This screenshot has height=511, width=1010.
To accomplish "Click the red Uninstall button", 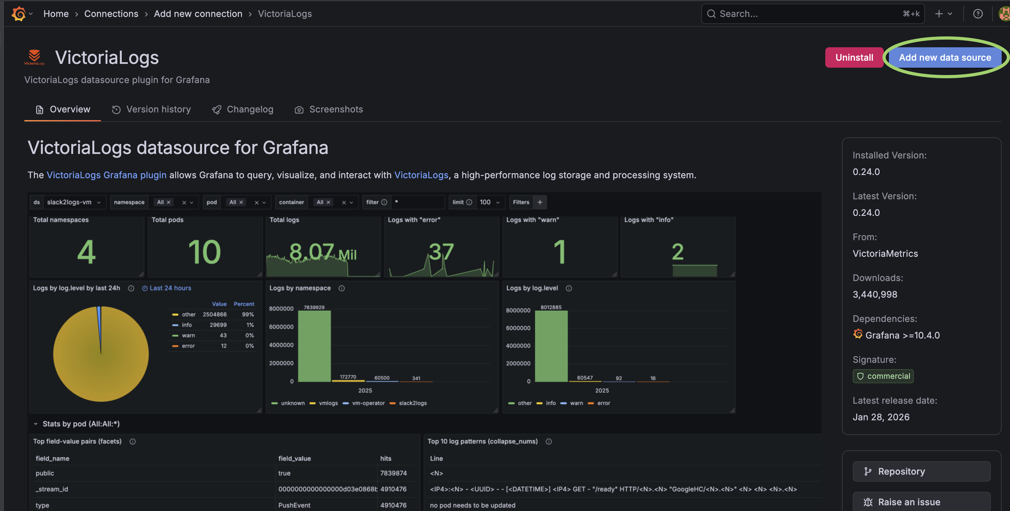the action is click(x=854, y=57).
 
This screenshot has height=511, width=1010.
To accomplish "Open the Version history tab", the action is click(x=151, y=109).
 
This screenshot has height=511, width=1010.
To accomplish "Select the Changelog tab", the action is click(x=242, y=109).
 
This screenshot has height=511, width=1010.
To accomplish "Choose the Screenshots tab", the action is click(x=329, y=109).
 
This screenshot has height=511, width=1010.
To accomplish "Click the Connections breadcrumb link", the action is click(x=111, y=14).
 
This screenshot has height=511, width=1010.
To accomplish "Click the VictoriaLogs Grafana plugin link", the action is click(x=107, y=175).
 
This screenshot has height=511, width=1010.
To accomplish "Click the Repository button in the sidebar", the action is click(x=921, y=471).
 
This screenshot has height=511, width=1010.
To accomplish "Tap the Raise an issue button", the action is click(x=921, y=502).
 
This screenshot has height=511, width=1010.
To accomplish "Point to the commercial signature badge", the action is click(x=883, y=376).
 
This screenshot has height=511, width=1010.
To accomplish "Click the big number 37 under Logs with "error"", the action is click(x=441, y=251).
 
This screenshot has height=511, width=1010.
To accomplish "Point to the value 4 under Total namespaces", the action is click(x=86, y=252).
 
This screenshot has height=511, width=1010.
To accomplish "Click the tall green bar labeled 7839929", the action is click(x=315, y=346).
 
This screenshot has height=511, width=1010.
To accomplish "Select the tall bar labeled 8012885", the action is click(x=551, y=346).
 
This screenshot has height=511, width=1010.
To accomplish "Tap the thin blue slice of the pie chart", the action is click(x=99, y=321).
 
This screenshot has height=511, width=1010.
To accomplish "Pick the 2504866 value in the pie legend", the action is click(x=214, y=315).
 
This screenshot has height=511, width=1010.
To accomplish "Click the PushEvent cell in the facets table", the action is click(x=294, y=505).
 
